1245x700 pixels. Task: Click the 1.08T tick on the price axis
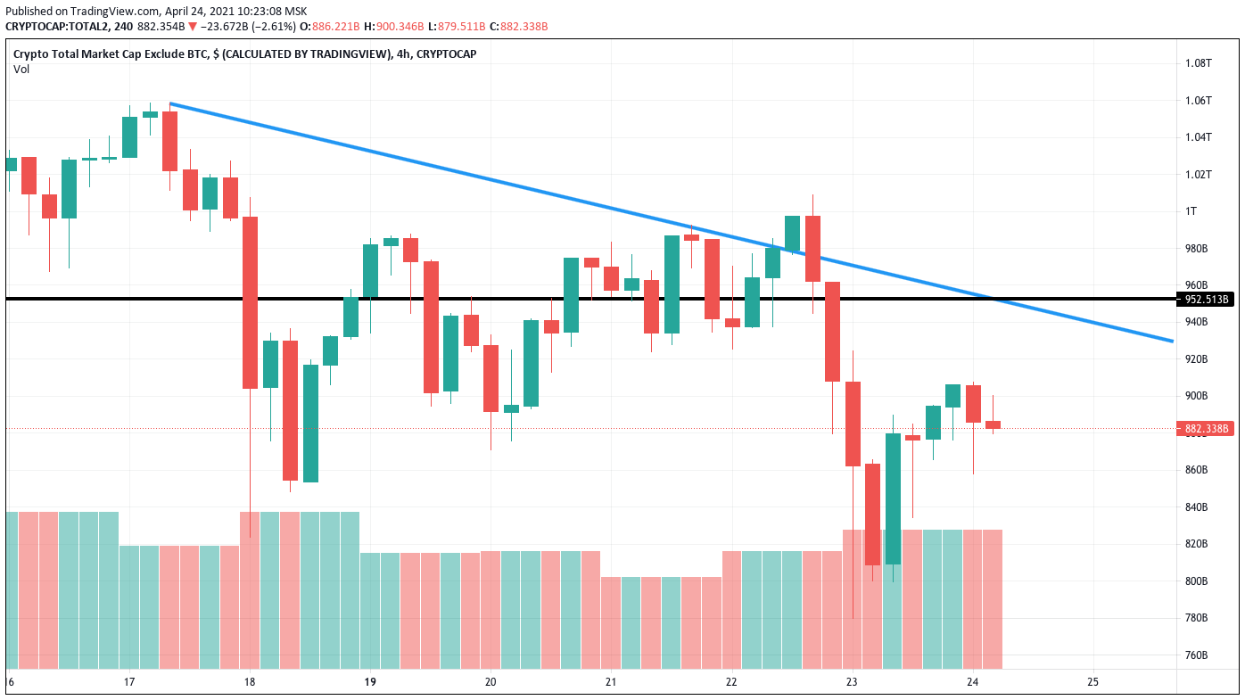coord(1198,63)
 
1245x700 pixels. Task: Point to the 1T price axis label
coord(1191,211)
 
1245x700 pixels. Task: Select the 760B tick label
coord(1196,655)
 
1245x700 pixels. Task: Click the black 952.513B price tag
coord(1206,300)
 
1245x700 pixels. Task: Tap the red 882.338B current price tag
coord(1206,428)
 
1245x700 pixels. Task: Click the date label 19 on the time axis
coord(370,681)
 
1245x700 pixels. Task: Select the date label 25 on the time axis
coord(1092,681)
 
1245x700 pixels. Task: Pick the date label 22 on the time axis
coord(731,681)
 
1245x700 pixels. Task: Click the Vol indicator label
coord(21,70)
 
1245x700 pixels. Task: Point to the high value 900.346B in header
coord(400,27)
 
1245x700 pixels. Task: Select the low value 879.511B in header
coord(461,27)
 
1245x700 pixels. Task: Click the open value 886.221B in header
coord(335,27)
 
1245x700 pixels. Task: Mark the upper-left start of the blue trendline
coord(170,104)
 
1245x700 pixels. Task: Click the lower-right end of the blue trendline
coord(1173,342)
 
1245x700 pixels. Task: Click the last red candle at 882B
coord(994,424)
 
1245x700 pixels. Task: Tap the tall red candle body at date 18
coord(250,302)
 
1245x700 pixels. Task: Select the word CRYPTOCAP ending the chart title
coord(446,54)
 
